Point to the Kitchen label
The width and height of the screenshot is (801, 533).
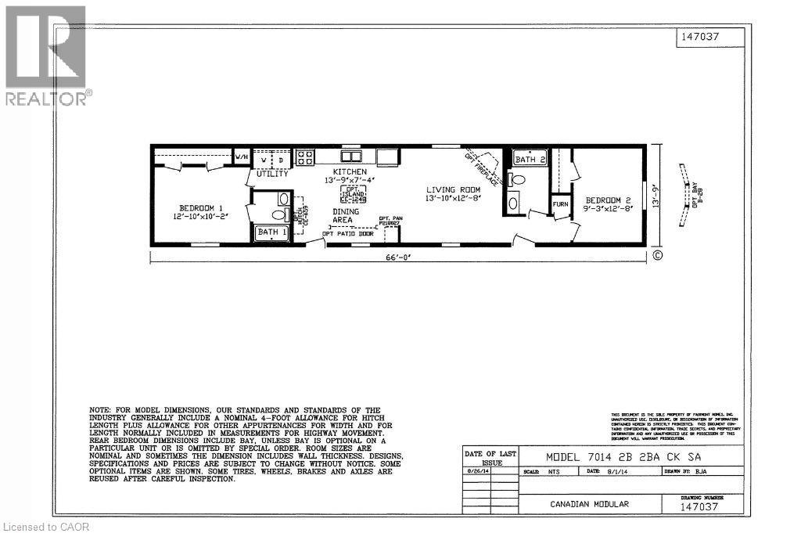click(350, 171)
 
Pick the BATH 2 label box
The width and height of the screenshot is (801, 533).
click(529, 160)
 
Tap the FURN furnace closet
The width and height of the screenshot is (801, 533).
click(560, 204)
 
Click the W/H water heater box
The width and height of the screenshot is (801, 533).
click(242, 158)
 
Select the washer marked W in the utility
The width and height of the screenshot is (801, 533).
click(262, 160)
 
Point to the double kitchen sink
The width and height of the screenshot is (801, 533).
click(350, 157)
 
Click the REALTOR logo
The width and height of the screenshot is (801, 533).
click(47, 56)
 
